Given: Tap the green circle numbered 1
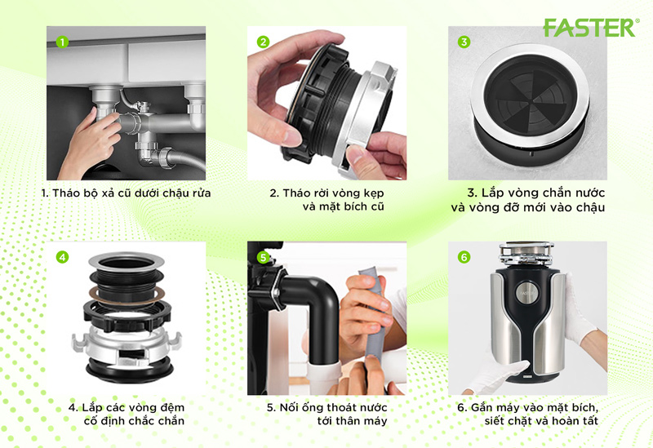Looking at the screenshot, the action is point(62,42).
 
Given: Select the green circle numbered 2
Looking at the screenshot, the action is point(263,42).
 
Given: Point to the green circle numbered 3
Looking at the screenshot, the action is point(464,42).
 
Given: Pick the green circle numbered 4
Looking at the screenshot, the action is point(62,257).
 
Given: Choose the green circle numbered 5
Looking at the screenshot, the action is point(263,257).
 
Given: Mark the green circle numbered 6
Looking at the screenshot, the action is point(464,257).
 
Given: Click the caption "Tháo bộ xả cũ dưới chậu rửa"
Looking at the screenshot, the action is point(126,193).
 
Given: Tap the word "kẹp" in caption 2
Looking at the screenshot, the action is point(374,193).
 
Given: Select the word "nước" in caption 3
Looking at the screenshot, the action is point(590,193).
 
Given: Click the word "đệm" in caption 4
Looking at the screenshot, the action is point(171,408).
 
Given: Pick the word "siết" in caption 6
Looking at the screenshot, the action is point(494,421).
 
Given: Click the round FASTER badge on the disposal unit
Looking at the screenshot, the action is point(526,293).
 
